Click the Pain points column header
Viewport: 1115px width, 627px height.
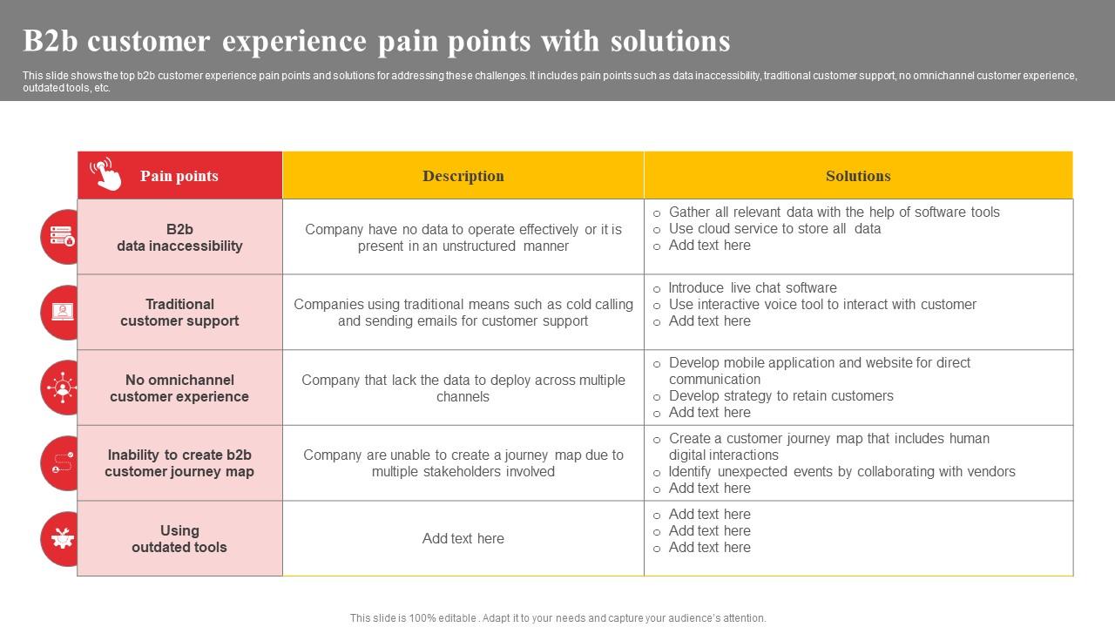pyautogui.click(x=179, y=176)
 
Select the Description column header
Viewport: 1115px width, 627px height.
pyautogui.click(x=463, y=176)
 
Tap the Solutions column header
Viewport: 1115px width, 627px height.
pyautogui.click(x=858, y=176)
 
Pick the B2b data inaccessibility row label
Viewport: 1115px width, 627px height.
pyautogui.click(x=179, y=237)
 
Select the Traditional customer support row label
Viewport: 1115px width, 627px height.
pyautogui.click(x=179, y=313)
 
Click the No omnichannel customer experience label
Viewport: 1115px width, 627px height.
pyautogui.click(x=179, y=388)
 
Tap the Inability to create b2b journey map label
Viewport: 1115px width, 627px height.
pyautogui.click(x=179, y=463)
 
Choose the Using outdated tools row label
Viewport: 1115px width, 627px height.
pyautogui.click(x=179, y=538)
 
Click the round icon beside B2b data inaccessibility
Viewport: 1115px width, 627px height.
pyautogui.click(x=61, y=236)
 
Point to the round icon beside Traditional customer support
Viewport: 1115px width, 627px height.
pyautogui.click(x=61, y=312)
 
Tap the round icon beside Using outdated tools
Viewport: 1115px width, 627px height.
pyautogui.click(x=61, y=538)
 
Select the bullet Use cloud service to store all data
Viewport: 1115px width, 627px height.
pyautogui.click(x=774, y=228)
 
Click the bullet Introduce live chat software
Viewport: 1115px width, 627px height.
pyautogui.click(x=752, y=287)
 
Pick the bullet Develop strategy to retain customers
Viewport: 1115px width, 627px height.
pyautogui.click(x=780, y=395)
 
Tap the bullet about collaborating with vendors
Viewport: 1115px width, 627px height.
pyautogui.click(x=841, y=471)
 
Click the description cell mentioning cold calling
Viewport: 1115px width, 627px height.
pyautogui.click(x=463, y=313)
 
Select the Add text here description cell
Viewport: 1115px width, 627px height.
pyautogui.click(x=463, y=538)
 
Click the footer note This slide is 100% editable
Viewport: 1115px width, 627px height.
pyautogui.click(x=557, y=617)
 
